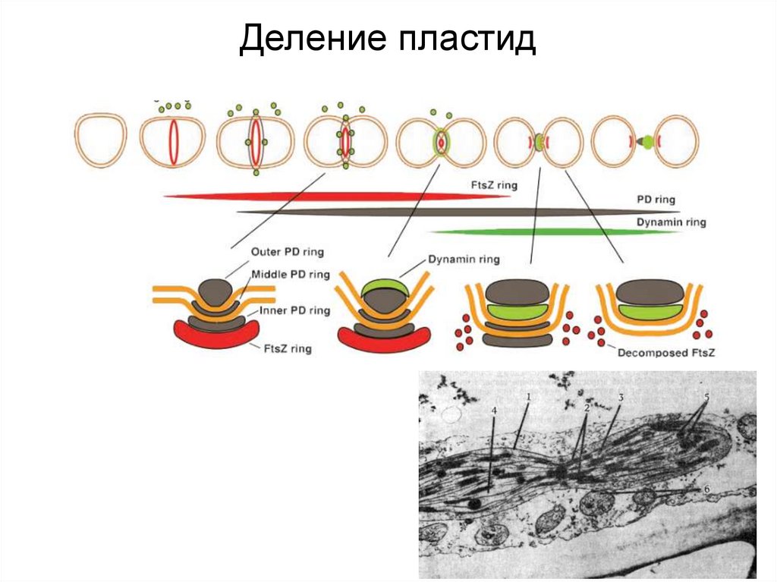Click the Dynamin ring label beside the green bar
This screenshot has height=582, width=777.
click(671, 222)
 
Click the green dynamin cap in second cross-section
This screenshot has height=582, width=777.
click(384, 288)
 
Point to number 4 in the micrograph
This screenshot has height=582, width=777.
click(494, 411)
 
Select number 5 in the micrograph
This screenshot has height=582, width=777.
click(706, 397)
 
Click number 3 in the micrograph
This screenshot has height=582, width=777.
click(621, 398)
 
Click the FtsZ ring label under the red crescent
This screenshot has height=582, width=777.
click(285, 349)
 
